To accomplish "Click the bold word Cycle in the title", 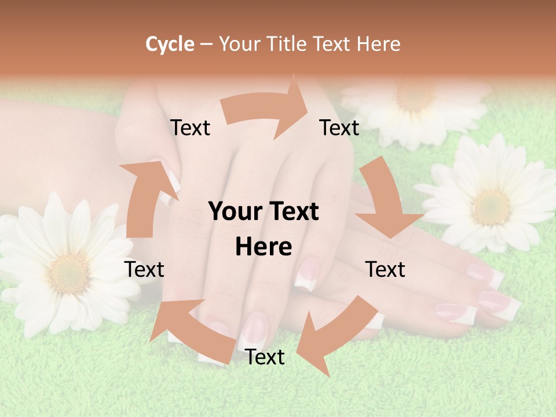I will (170, 44).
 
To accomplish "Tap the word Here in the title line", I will (379, 44).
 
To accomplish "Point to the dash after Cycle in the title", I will (206, 45).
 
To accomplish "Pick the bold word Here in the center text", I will (264, 247).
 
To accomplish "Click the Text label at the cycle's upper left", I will (190, 127).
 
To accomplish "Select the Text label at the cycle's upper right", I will (339, 127).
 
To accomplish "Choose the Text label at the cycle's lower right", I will (385, 269).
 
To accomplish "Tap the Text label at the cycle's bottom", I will (265, 357).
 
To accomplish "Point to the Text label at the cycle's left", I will (144, 269).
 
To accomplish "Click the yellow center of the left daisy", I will (69, 272).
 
